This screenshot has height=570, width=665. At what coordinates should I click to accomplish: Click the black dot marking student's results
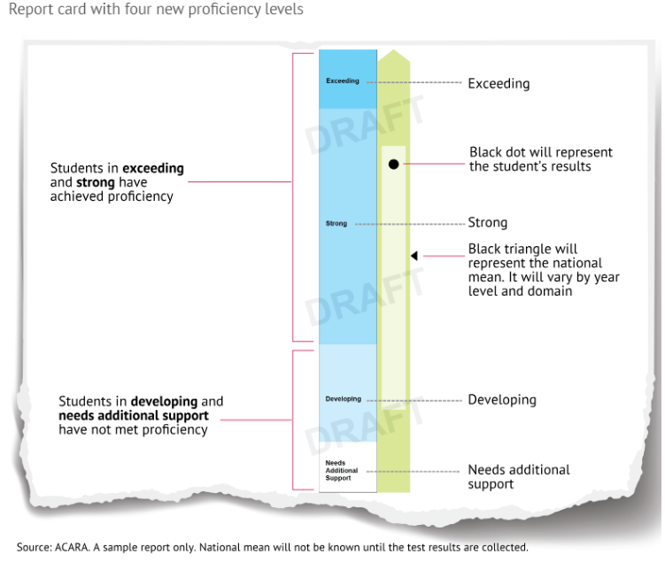click(x=393, y=164)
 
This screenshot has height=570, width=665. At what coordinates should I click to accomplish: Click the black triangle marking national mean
click(x=414, y=256)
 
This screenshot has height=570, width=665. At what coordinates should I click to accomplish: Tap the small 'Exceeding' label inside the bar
click(x=343, y=81)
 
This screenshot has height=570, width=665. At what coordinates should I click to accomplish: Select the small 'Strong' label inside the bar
click(x=336, y=224)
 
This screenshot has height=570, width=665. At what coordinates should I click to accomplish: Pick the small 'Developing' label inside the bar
click(x=344, y=399)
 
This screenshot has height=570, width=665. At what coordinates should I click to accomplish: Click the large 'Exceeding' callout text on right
click(x=499, y=84)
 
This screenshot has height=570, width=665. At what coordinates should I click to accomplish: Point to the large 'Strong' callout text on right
click(x=487, y=223)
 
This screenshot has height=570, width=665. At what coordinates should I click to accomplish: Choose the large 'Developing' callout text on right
click(x=502, y=400)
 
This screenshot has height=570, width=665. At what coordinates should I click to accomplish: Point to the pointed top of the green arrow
click(x=393, y=53)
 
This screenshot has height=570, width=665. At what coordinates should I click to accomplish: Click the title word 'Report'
click(x=26, y=10)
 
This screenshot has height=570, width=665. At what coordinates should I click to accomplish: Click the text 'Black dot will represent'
click(x=540, y=152)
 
